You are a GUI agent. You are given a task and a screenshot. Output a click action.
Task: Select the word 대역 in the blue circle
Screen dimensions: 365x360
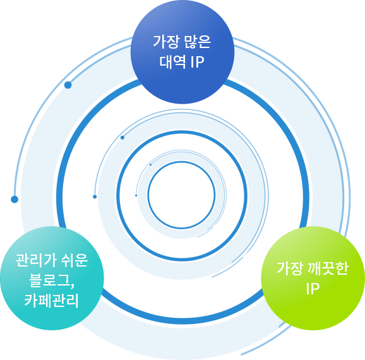point(173,61)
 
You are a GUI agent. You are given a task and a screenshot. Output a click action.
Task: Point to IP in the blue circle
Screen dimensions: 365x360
point(198,62)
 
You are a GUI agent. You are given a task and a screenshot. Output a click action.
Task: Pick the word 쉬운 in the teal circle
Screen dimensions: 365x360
point(75,260)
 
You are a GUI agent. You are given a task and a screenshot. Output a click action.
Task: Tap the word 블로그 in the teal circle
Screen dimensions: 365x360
point(50,280)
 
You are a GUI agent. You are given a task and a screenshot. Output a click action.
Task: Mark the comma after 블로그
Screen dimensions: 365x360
point(72,285)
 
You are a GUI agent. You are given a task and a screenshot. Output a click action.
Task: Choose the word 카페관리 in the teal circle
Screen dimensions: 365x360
point(52,300)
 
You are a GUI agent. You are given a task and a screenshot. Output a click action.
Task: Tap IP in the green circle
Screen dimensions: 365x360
point(313,289)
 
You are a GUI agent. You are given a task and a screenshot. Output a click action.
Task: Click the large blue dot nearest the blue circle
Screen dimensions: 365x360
point(68,85)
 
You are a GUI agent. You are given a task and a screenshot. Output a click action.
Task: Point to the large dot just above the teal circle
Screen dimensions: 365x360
point(15,200)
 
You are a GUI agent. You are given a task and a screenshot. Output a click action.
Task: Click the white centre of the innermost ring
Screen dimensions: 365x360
point(181,195)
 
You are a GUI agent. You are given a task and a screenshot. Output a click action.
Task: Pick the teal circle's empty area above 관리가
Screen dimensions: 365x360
point(52,240)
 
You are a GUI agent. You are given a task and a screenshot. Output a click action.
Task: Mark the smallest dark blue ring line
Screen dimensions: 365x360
point(215,195)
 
